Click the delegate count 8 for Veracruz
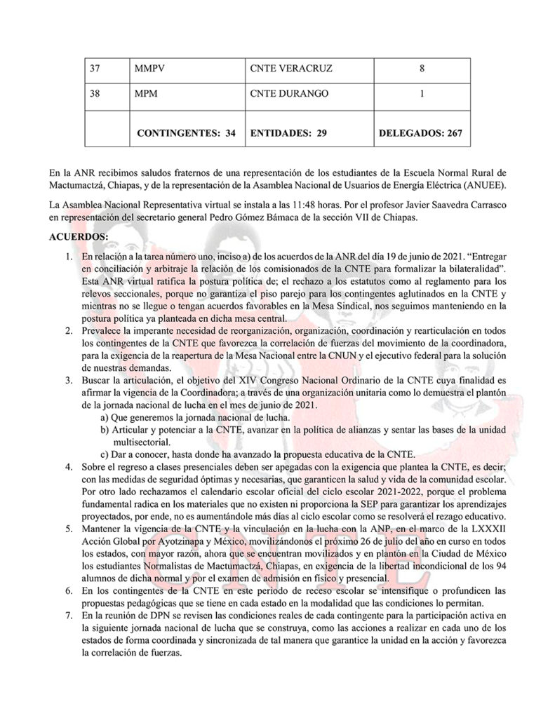click(422, 69)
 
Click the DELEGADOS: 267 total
click(421, 131)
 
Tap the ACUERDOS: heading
click(79, 238)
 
